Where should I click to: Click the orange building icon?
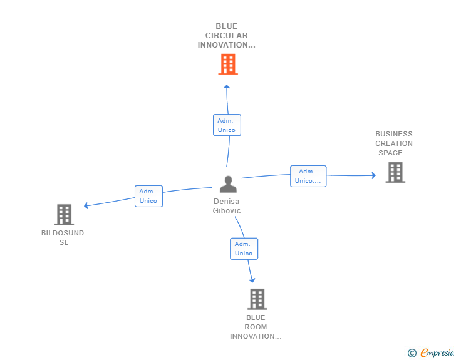pos(228,64)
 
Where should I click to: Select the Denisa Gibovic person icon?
pos(228,184)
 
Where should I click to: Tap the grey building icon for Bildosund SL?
pos(64,215)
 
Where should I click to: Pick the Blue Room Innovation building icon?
pos(257,299)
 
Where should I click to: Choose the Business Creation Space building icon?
pos(395,172)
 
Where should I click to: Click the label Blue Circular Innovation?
pos(227,36)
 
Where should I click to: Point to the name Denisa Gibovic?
pos(227,206)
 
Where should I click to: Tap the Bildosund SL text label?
pos(63,238)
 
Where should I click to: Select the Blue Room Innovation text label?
pos(256,327)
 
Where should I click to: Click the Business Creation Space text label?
pos(394,143)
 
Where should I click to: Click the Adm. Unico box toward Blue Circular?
pos(227,125)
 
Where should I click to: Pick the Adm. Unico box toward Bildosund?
pos(148,196)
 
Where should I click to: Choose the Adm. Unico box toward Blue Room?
pos(244,249)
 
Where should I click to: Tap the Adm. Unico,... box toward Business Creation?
pos(308,176)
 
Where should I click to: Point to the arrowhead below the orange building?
pos(227,87)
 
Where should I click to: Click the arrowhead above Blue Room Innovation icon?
pos(252,279)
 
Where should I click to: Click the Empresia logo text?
pos(437,353)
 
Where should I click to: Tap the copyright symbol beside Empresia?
pos(412,353)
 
